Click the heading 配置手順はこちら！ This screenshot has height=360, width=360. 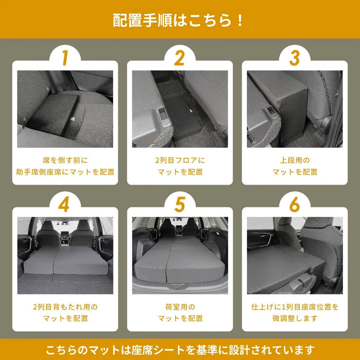[x=179, y=21]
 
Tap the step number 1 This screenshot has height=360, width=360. [x=65, y=58]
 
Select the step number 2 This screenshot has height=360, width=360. [x=179, y=58]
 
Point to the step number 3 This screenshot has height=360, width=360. [x=294, y=58]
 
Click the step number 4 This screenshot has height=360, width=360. [x=65, y=204]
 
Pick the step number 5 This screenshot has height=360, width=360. [x=179, y=204]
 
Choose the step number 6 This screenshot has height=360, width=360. [x=294, y=204]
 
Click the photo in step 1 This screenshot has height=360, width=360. [x=65, y=109]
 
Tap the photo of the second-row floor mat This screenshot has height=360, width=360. [x=179, y=109]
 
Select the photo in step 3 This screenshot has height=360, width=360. [x=294, y=109]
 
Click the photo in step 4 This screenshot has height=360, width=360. [x=65, y=255]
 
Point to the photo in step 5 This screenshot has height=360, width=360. [x=179, y=255]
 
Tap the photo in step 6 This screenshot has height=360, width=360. [x=294, y=255]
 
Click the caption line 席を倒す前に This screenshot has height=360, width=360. [x=65, y=160]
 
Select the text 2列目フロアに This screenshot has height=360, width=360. [x=179, y=160]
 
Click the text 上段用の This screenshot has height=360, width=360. [x=294, y=160]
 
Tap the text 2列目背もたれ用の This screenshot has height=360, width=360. [x=65, y=307]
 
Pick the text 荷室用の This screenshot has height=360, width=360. [x=179, y=307]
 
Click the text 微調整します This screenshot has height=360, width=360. [x=294, y=319]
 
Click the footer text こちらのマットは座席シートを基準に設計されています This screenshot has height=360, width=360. [x=179, y=350]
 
